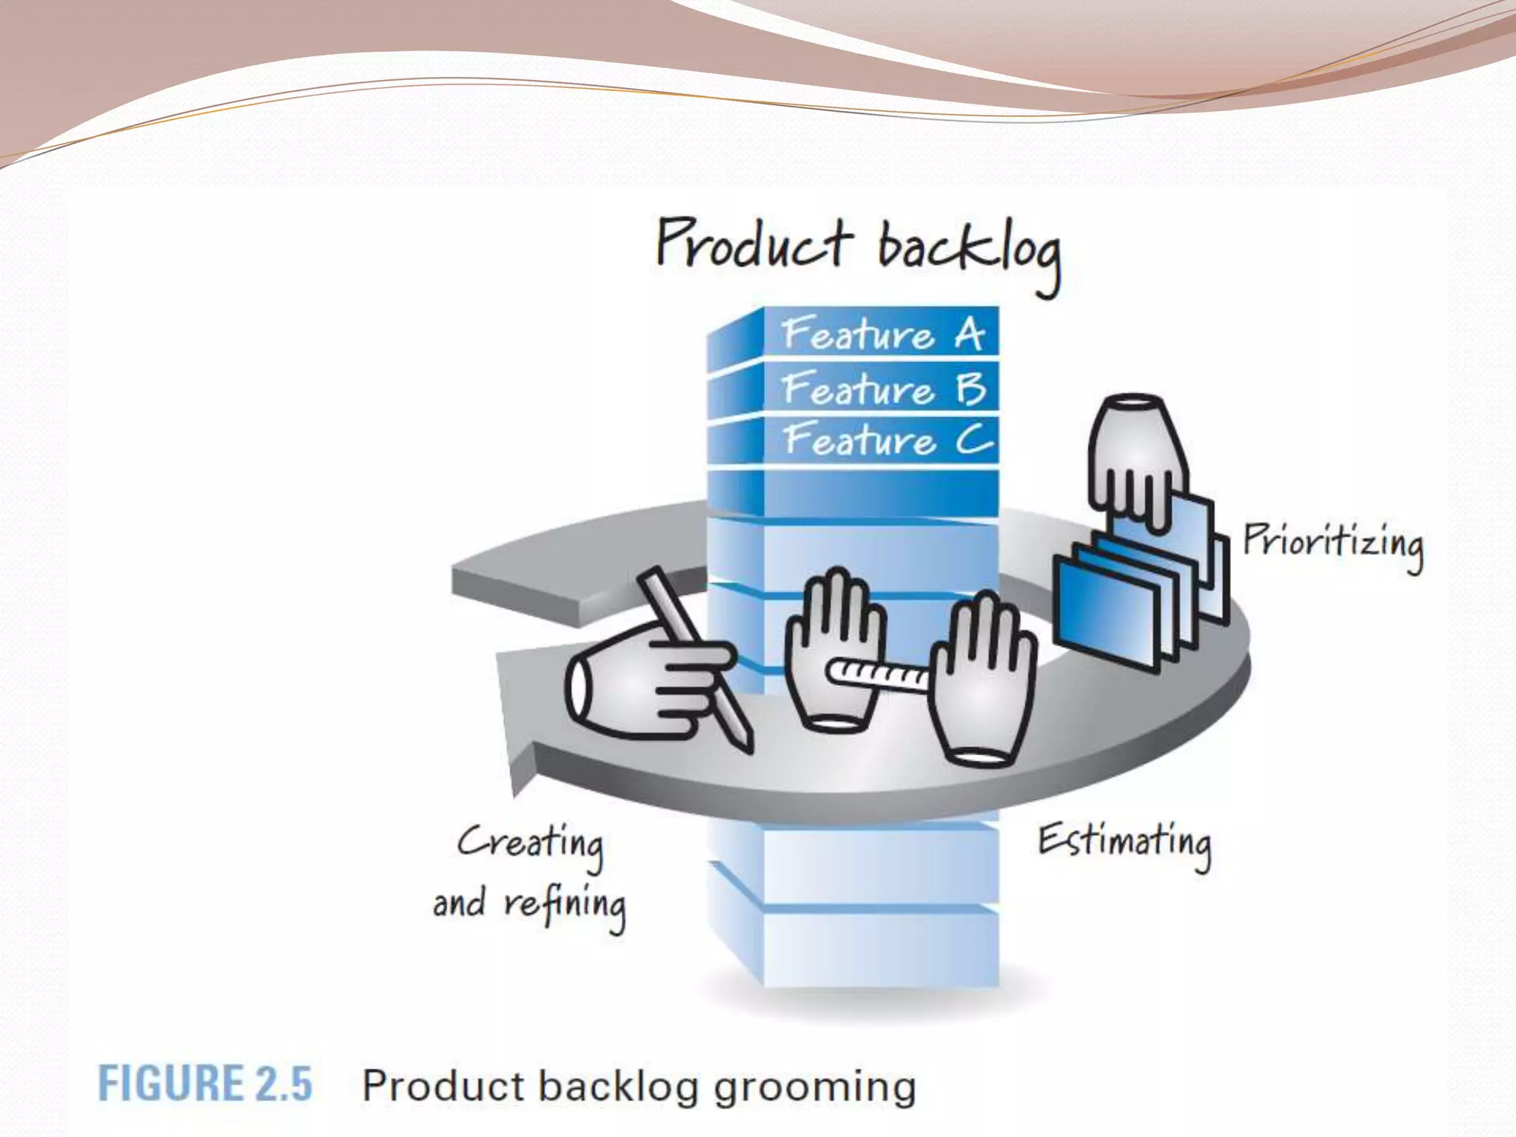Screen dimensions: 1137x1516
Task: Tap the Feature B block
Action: [x=881, y=389]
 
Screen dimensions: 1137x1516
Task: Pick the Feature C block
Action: [x=881, y=440]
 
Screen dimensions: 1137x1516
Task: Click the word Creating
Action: [x=530, y=844]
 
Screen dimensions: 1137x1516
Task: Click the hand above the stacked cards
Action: [x=1136, y=459]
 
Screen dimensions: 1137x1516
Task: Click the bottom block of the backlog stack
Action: [x=881, y=947]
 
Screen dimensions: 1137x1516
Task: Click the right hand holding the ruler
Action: [x=981, y=681]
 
